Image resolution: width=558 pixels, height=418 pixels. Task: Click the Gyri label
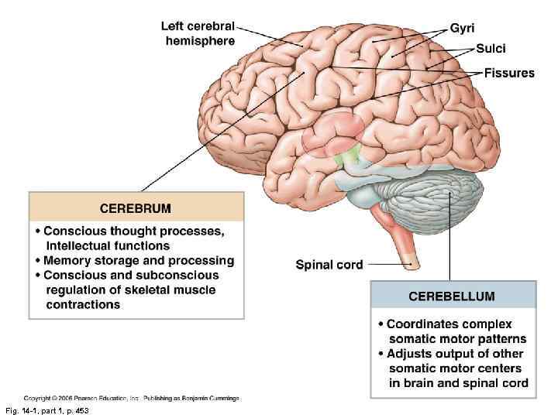coord(463,29)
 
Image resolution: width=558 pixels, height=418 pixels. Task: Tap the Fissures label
coord(509,74)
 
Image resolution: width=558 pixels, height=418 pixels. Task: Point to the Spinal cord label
coord(329,265)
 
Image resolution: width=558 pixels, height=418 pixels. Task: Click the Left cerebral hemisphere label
coord(199,33)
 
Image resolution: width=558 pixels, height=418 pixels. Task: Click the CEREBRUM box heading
coord(136,208)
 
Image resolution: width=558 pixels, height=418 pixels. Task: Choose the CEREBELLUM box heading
coord(452,296)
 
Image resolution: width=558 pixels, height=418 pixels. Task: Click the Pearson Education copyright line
coord(131,398)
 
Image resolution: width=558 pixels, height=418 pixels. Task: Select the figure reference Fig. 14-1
coord(46,410)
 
